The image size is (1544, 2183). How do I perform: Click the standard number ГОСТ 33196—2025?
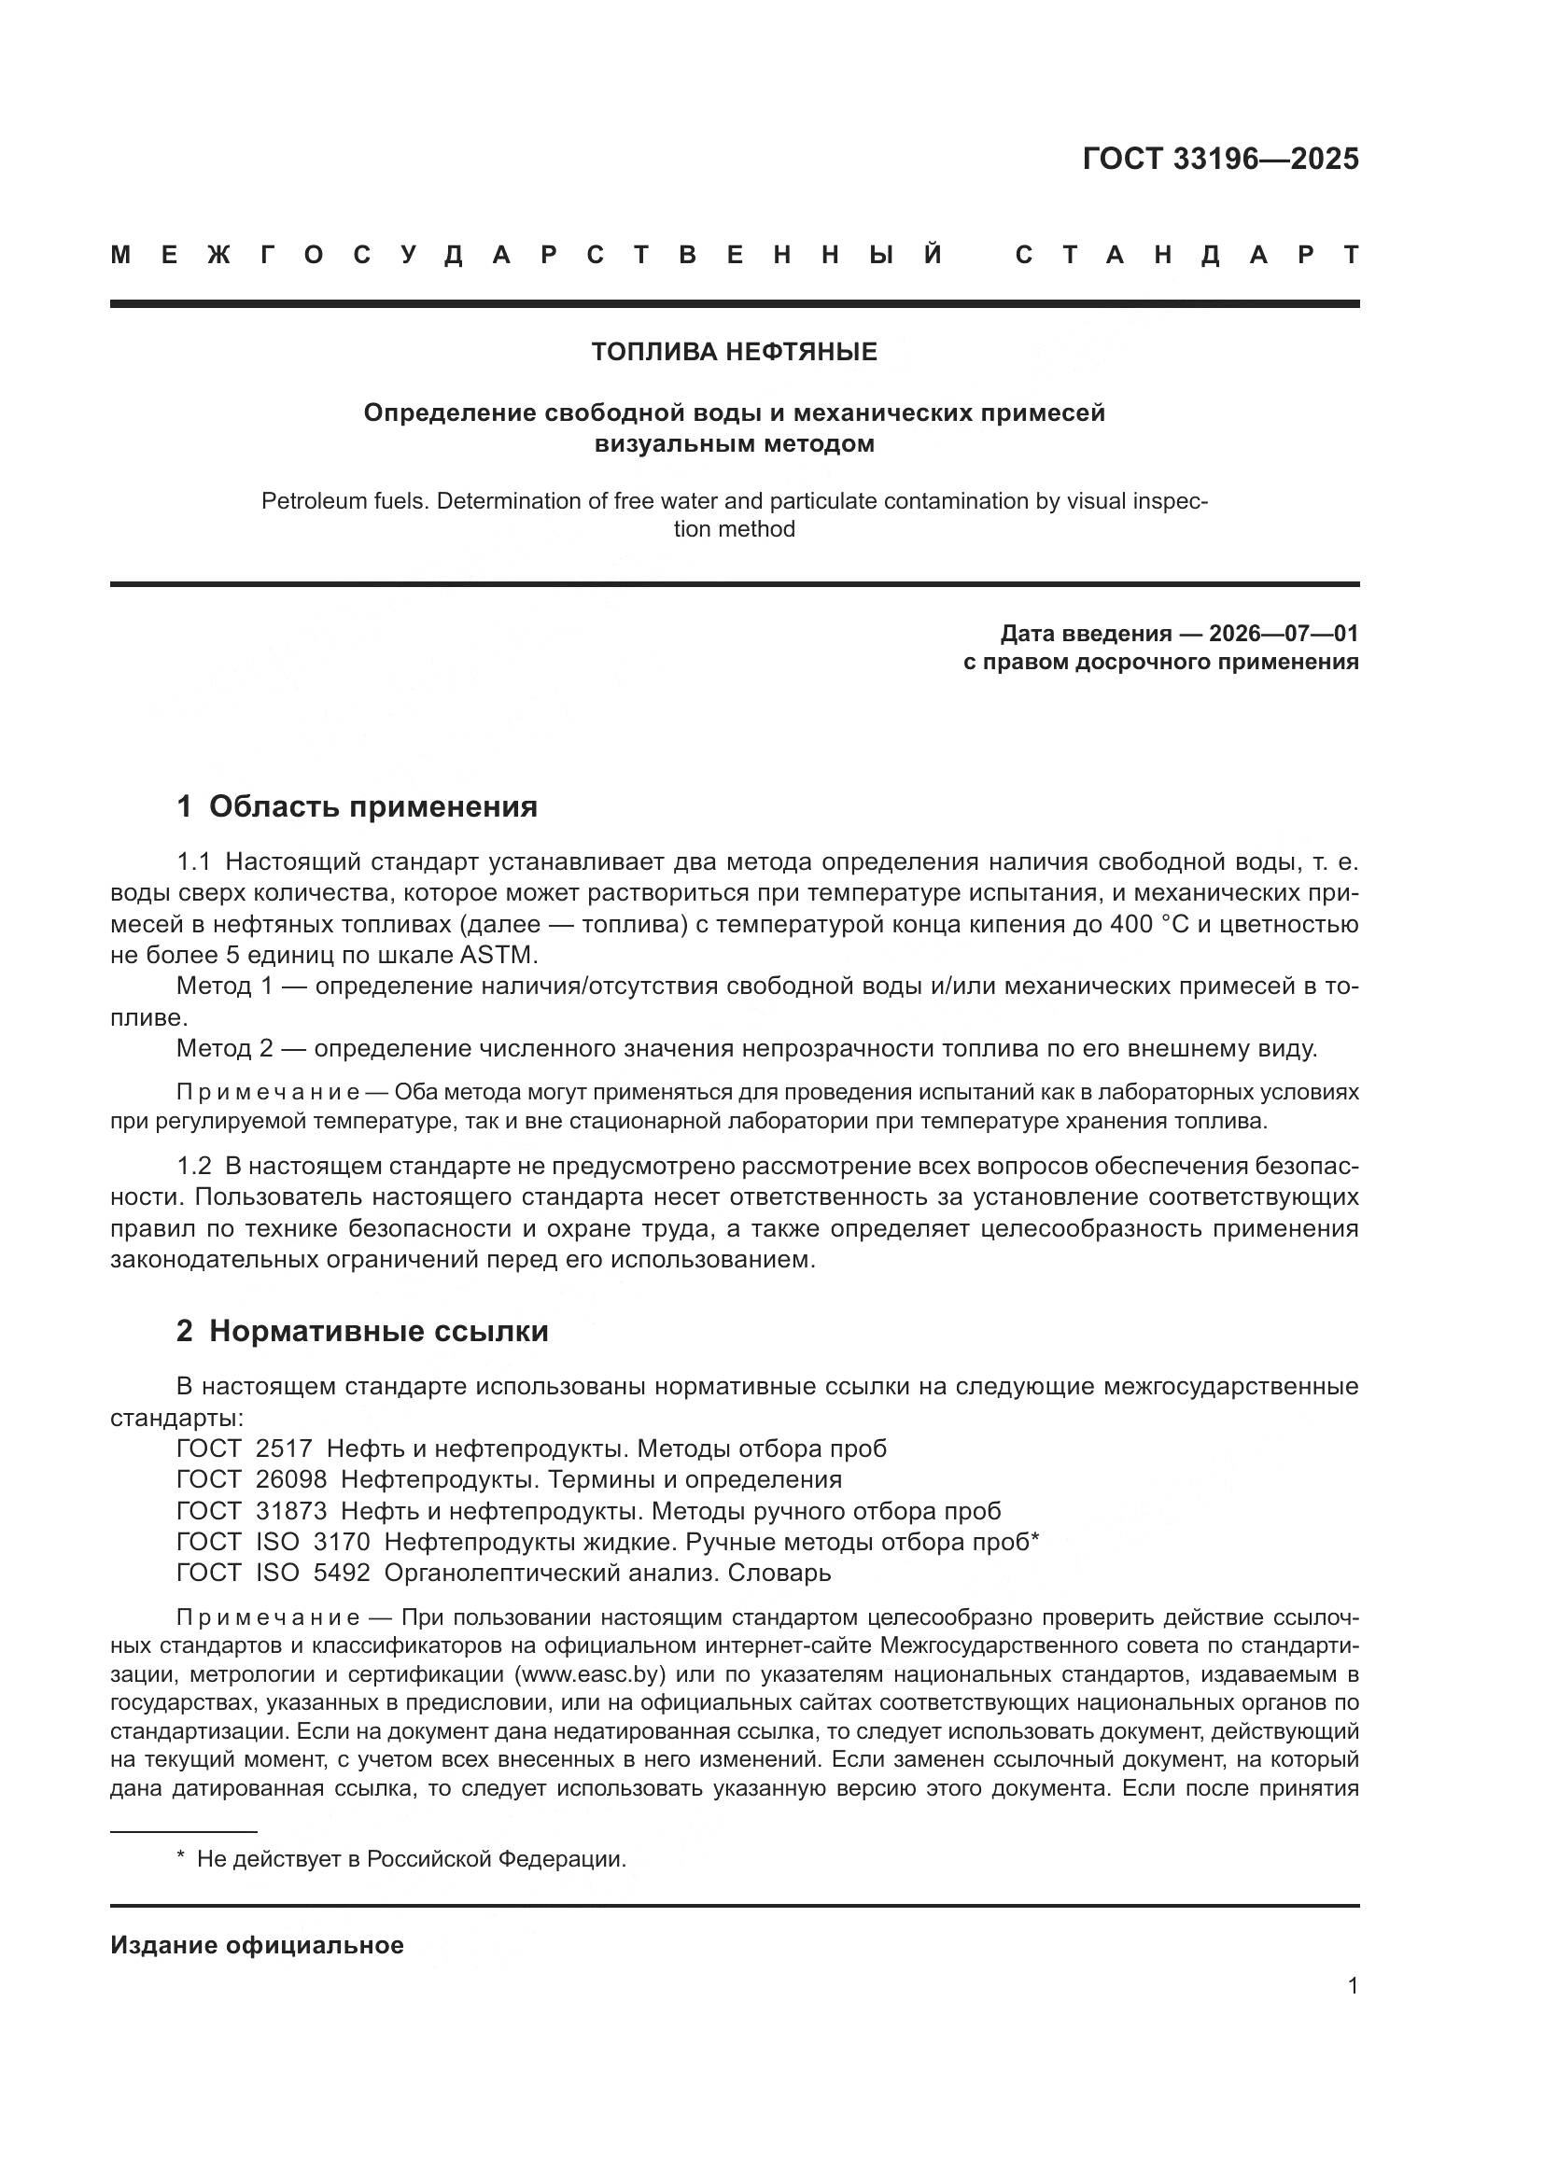pyautogui.click(x=1220, y=159)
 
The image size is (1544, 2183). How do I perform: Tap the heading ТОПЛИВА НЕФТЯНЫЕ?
pyautogui.click(x=734, y=353)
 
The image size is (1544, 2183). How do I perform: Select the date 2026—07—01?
pyautogui.click(x=1284, y=634)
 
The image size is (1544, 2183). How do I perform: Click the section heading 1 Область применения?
pyautogui.click(x=358, y=806)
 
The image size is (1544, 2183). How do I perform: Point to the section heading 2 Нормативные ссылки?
pyautogui.click(x=362, y=1331)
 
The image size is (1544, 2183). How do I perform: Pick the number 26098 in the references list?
pyautogui.click(x=291, y=1479)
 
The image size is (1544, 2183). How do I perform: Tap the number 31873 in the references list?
pyautogui.click(x=291, y=1511)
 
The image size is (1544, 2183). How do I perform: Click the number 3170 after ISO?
pyautogui.click(x=342, y=1542)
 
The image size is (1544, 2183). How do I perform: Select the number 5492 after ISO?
pyautogui.click(x=342, y=1574)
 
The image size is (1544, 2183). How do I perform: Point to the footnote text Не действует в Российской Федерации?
pyautogui.click(x=411, y=1860)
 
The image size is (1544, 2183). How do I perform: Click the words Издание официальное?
pyautogui.click(x=257, y=1945)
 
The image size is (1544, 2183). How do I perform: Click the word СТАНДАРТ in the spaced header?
pyautogui.click(x=1186, y=256)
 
